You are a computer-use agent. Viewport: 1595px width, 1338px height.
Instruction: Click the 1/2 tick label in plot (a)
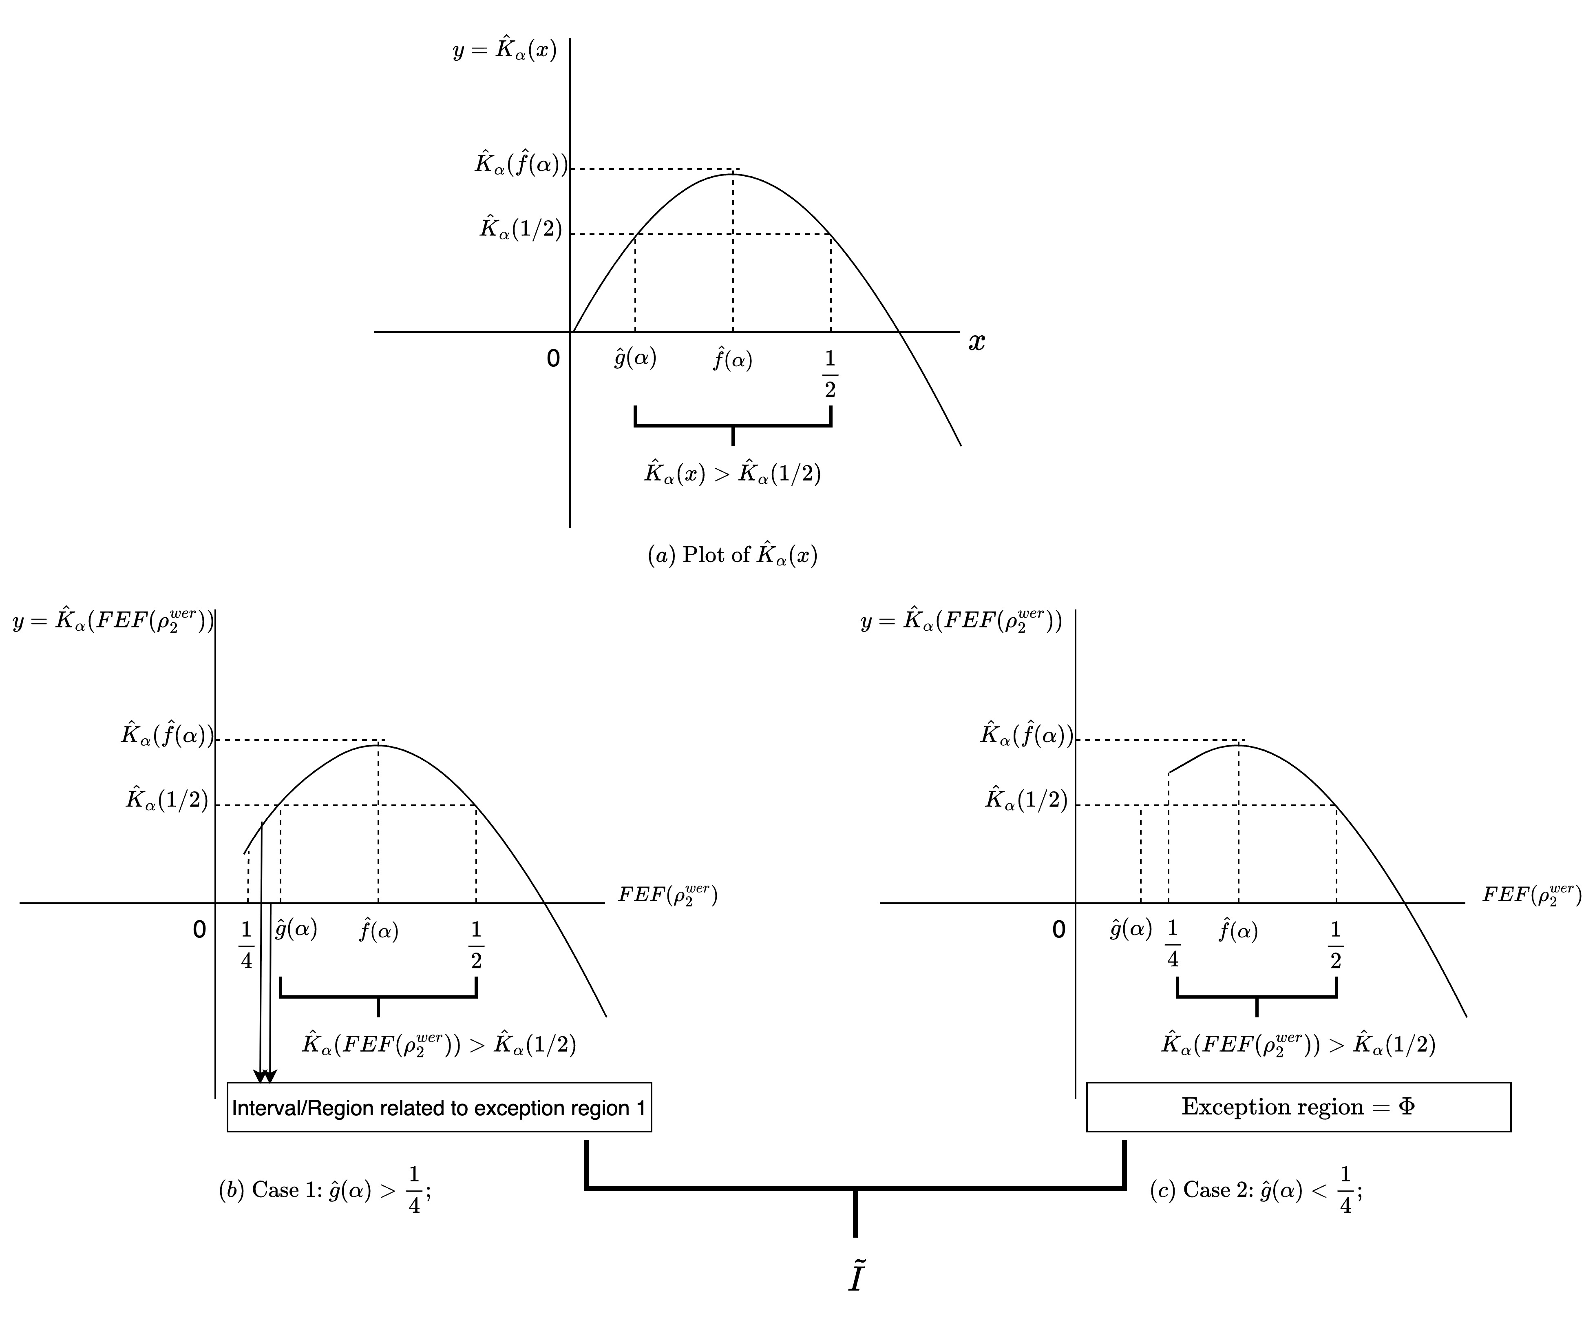pyautogui.click(x=830, y=374)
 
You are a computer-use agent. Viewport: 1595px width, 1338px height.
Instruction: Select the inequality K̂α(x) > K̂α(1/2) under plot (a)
pyautogui.click(x=732, y=473)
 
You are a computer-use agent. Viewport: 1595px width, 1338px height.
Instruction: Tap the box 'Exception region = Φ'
pyautogui.click(x=1298, y=1106)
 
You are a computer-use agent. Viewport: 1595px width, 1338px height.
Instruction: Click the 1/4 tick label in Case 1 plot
pyautogui.click(x=246, y=945)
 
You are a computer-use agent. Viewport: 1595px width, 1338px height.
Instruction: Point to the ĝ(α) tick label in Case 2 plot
pyautogui.click(x=1130, y=928)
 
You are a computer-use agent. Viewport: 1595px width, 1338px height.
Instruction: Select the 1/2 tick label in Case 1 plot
pyautogui.click(x=476, y=945)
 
